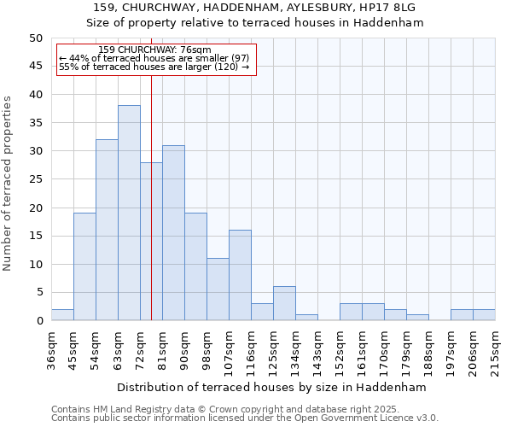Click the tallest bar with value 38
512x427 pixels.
click(x=129, y=213)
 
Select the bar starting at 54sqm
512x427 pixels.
click(x=107, y=230)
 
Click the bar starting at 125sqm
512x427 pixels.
click(x=284, y=303)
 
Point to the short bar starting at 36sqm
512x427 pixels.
click(x=62, y=315)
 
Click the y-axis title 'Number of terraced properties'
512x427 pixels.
click(x=9, y=183)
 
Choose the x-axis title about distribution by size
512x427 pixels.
click(x=271, y=387)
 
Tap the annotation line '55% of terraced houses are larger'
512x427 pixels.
click(x=154, y=67)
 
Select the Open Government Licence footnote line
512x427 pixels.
click(x=245, y=418)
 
